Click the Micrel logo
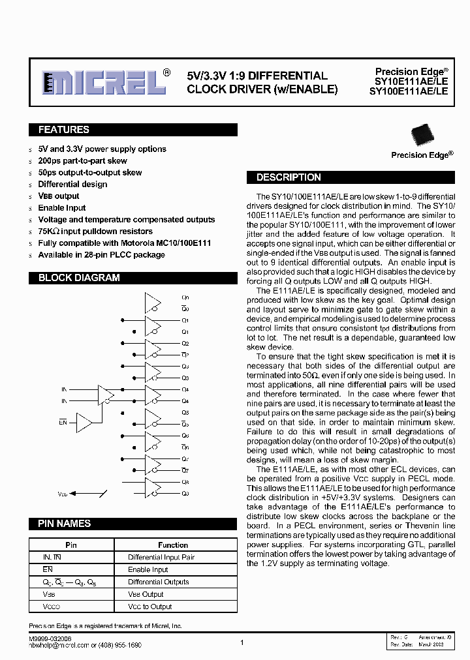point(104,83)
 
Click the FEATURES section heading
point(64,130)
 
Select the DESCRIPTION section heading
point(289,177)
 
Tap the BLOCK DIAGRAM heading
point(79,278)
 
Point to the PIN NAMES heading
point(65,524)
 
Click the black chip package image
point(421,135)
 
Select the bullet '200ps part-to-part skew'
point(82,161)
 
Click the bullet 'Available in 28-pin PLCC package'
point(101,255)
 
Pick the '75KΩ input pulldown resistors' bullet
point(95,232)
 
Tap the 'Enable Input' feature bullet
point(62,208)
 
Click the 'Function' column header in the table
point(173,545)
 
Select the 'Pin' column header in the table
point(71,545)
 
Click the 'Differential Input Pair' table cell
point(161,558)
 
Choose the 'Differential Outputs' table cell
point(159,582)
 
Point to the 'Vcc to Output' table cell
point(150,607)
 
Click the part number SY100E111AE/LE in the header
point(409,93)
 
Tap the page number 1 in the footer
point(242,642)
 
